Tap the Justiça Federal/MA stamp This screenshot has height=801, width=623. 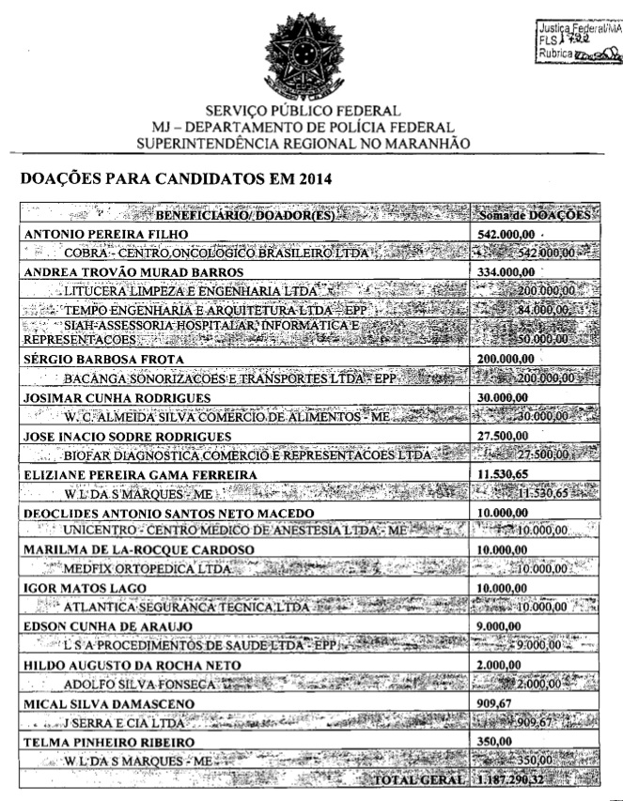(x=567, y=43)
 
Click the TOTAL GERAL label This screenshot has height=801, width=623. (x=419, y=779)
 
